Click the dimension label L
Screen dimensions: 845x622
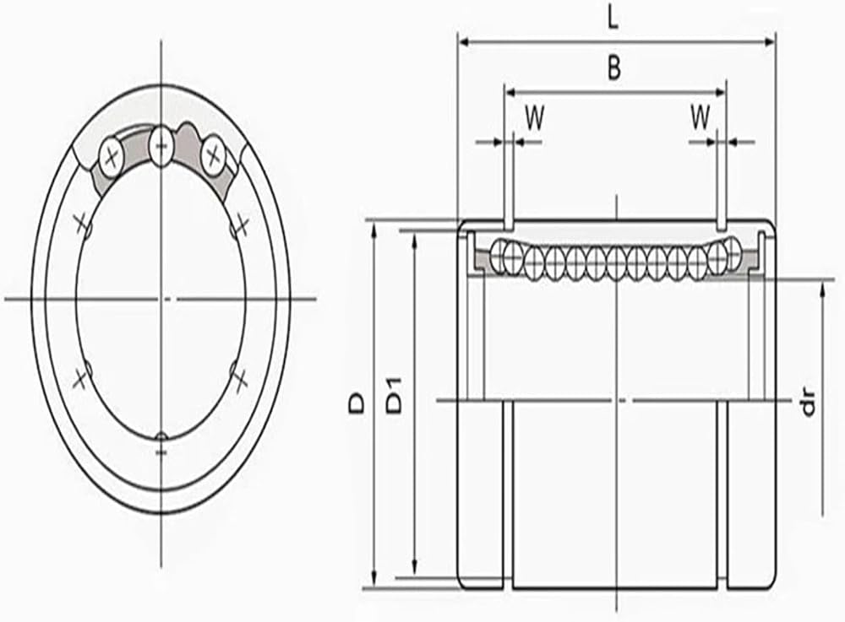(613, 19)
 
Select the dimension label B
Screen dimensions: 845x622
(614, 68)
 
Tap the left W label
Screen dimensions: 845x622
(535, 118)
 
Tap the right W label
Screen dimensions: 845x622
(701, 116)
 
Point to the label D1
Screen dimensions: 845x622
(395, 396)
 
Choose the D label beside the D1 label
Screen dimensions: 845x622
(357, 403)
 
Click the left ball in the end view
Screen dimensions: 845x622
(112, 157)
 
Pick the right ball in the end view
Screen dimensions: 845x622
(213, 155)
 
